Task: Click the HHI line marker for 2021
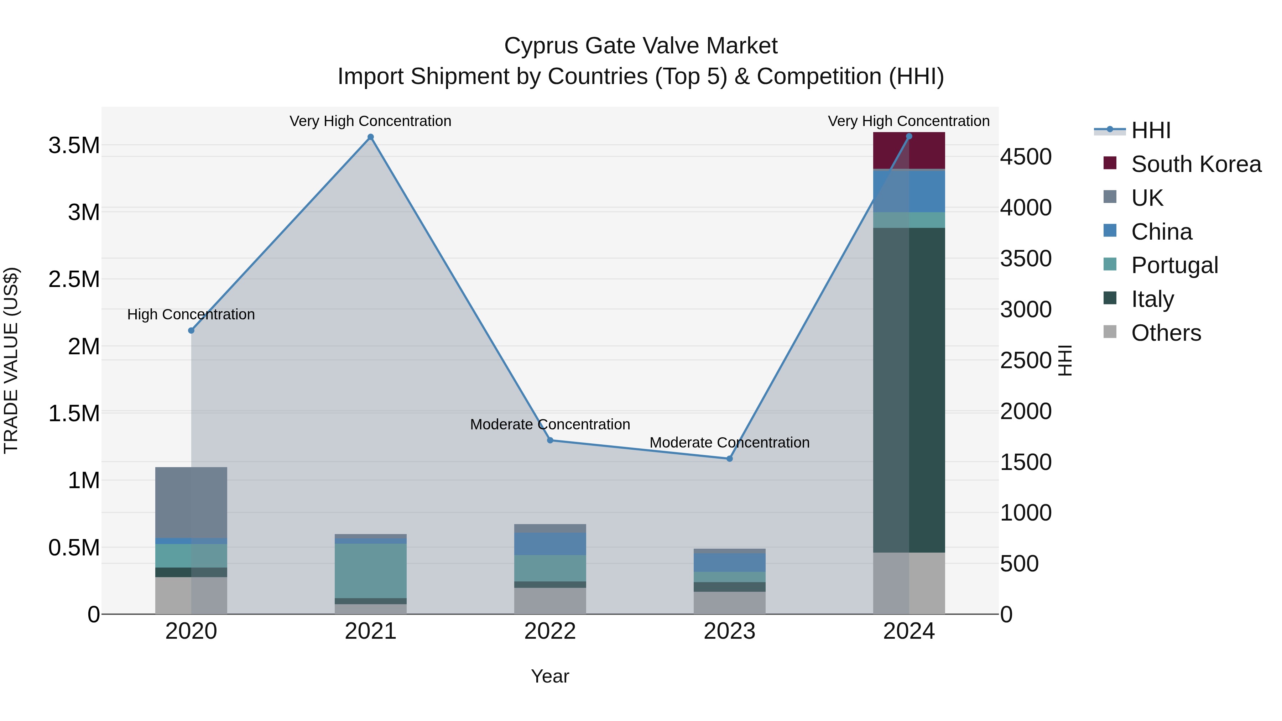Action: [370, 137]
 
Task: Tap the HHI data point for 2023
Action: [730, 459]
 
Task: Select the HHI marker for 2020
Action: [191, 330]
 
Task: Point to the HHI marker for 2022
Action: [550, 440]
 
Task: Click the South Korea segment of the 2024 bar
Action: [909, 151]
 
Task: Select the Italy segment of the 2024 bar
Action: [909, 390]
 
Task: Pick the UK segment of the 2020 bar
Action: [191, 502]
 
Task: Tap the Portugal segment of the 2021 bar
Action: [370, 571]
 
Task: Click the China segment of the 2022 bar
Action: [550, 544]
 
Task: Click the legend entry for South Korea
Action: [1195, 164]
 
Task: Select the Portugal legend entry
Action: [1174, 265]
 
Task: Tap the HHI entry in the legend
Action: [1150, 130]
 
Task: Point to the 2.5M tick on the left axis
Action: [74, 279]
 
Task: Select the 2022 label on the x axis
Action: [550, 631]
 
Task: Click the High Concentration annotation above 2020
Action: [191, 314]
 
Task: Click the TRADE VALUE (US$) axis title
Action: [11, 360]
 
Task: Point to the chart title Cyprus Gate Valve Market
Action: [641, 46]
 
